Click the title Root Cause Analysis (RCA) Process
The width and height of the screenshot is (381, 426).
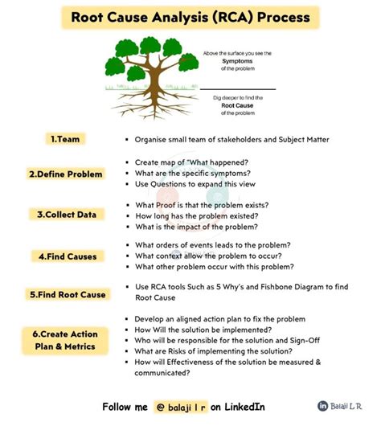[x=190, y=18]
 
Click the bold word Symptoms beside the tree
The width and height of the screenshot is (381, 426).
[x=238, y=60]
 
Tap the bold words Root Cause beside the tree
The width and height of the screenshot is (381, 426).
[x=239, y=104]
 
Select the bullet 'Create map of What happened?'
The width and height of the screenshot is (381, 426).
[x=191, y=162]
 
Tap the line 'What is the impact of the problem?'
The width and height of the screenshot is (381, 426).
[x=196, y=227]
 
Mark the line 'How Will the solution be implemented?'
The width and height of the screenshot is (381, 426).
[x=203, y=329]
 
